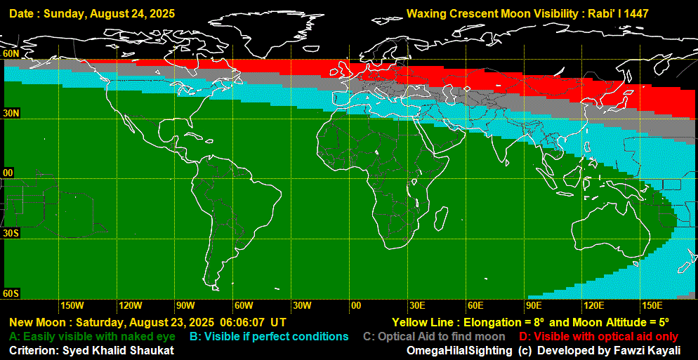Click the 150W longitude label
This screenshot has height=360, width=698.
tap(72, 306)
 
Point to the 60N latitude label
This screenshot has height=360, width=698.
tap(11, 53)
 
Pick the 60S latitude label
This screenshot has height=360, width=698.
tap(11, 293)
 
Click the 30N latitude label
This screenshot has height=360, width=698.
tap(11, 113)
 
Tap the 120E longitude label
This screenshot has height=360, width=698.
tap(593, 306)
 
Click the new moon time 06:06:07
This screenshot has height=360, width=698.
tap(243, 323)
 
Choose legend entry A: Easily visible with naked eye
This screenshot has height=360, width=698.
tap(91, 337)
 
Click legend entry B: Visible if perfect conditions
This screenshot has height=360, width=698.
tap(269, 337)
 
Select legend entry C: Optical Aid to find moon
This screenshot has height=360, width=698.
tap(434, 337)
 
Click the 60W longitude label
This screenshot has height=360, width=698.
tap(244, 306)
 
